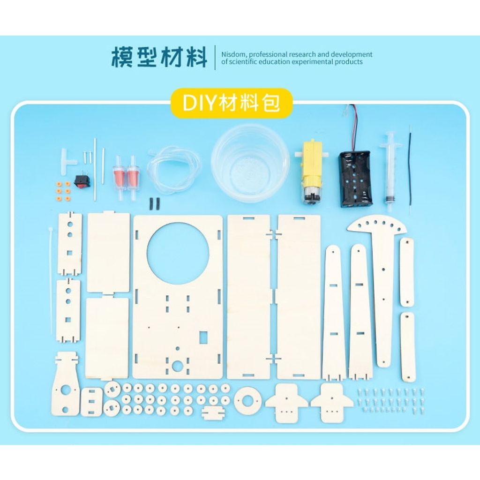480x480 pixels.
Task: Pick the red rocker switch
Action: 81,180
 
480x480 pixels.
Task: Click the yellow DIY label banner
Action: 232,103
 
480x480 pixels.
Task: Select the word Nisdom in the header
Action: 233,54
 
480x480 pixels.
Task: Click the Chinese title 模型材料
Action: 159,57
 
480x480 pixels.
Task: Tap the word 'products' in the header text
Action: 350,62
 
